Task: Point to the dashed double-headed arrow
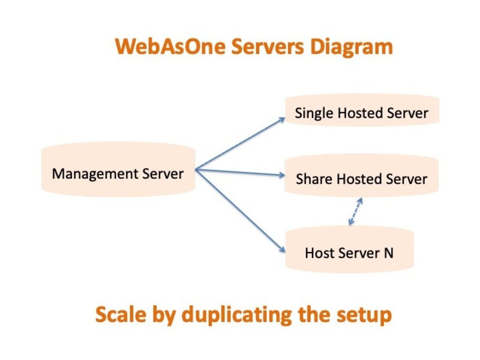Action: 356,212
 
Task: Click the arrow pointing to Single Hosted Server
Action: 240,144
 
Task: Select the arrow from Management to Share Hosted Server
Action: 240,173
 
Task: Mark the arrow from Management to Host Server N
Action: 240,210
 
